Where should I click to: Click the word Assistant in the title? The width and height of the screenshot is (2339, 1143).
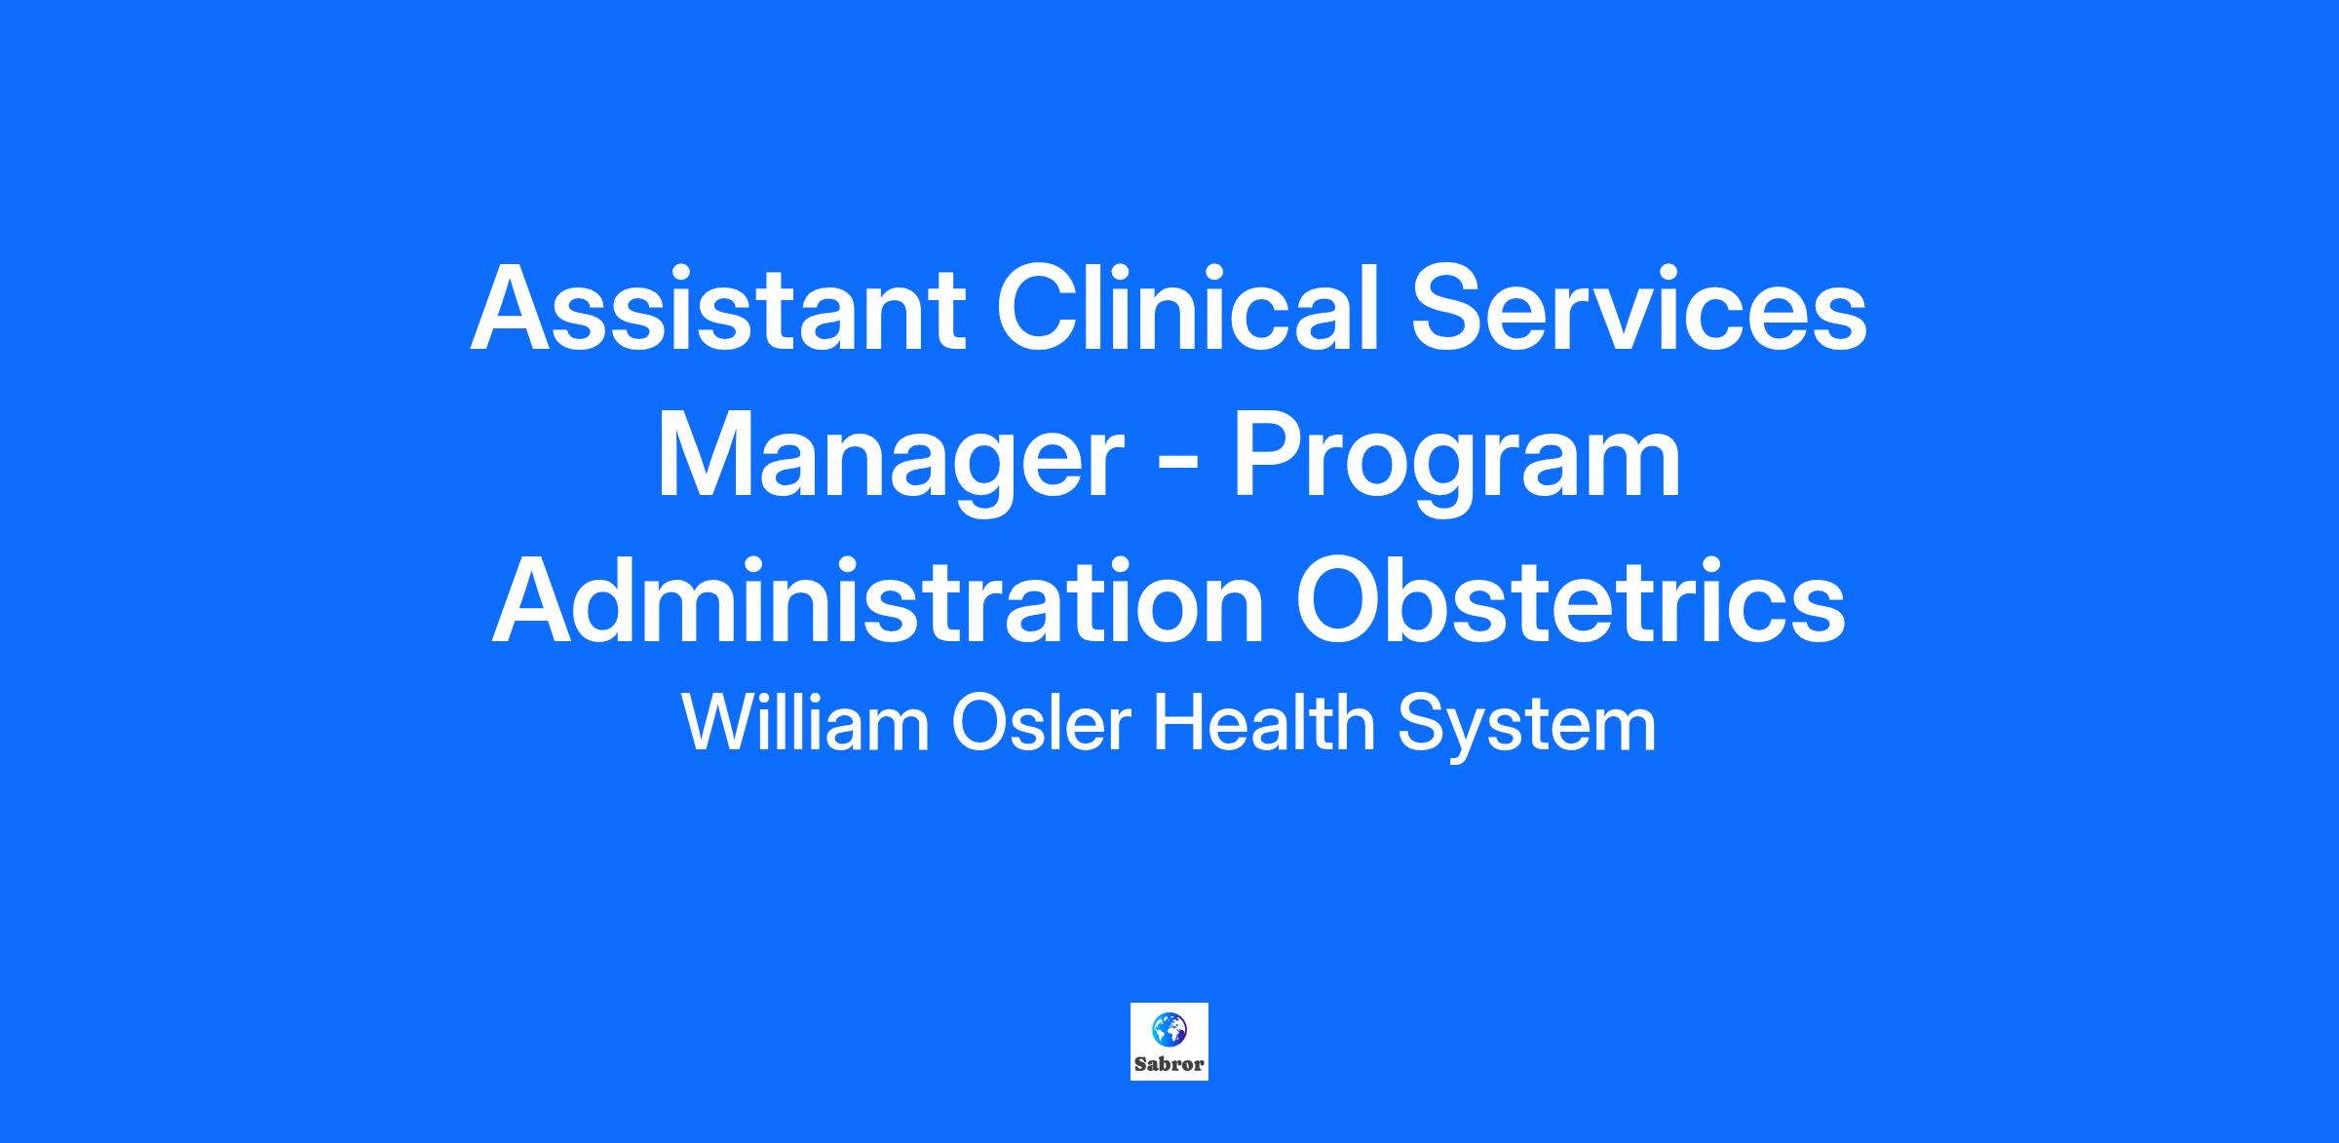718,309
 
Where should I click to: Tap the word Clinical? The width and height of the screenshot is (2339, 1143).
1188,307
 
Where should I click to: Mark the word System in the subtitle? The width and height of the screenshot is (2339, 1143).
1527,726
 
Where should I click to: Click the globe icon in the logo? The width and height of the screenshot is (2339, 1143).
1169,1030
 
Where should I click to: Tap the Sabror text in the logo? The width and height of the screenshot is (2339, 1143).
1169,1064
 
